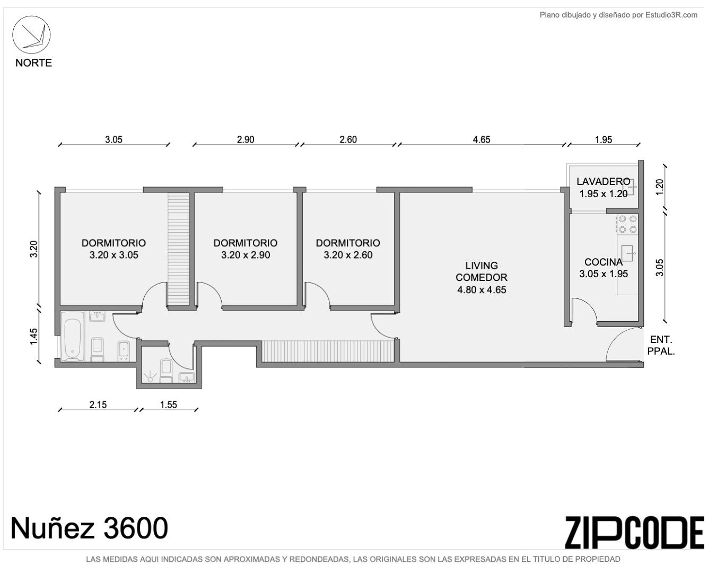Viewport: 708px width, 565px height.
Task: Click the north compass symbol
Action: [x=31, y=34]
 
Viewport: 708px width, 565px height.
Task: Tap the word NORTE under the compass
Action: [x=33, y=63]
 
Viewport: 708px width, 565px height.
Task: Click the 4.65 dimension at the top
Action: [x=482, y=139]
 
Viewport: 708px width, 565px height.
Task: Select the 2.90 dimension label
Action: [x=246, y=139]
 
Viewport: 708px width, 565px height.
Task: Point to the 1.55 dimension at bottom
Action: [x=169, y=404]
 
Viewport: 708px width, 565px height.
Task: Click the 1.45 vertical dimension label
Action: [x=34, y=337]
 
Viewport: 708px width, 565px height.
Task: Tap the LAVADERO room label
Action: [x=604, y=182]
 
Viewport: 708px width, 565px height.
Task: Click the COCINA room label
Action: [x=604, y=262]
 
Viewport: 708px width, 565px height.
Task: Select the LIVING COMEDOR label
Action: [x=482, y=271]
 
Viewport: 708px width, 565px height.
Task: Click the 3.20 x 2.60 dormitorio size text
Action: [x=348, y=255]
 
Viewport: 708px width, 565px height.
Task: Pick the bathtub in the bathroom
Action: [x=73, y=337]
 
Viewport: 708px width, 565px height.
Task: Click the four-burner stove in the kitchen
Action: [x=627, y=224]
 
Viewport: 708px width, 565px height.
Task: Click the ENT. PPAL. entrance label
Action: [x=661, y=346]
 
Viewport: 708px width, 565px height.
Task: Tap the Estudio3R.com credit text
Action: [x=618, y=15]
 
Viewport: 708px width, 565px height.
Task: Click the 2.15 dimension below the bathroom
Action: [x=98, y=404]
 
